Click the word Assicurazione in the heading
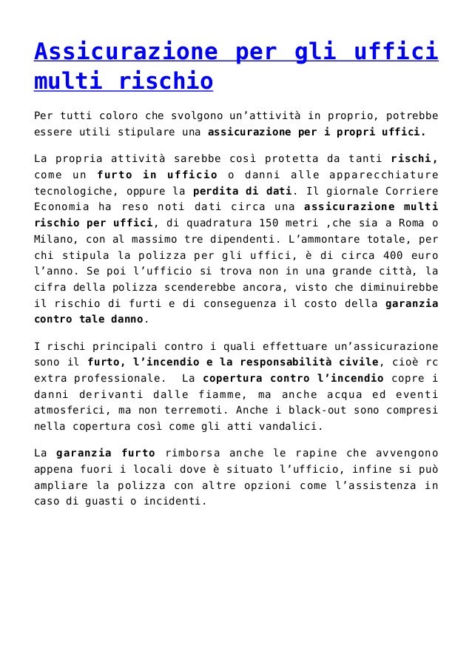tap(127, 53)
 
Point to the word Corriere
tap(411, 190)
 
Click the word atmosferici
tap(70, 411)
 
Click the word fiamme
tap(218, 394)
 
